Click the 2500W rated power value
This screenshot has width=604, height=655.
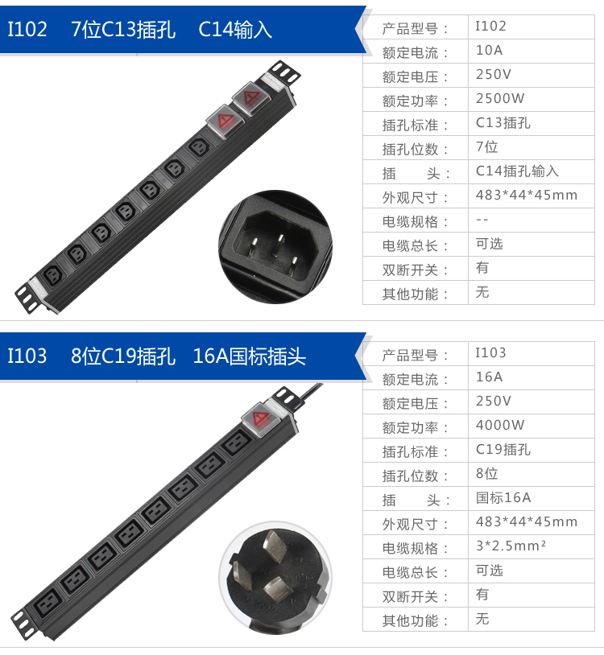(500, 99)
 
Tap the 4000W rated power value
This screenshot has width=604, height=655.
(500, 425)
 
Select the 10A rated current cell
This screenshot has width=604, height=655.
(489, 51)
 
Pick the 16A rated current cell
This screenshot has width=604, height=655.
(489, 377)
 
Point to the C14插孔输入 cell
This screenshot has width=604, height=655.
(517, 171)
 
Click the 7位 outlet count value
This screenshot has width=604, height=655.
(487, 147)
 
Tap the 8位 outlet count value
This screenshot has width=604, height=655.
(487, 473)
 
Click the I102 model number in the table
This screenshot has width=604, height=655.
(490, 27)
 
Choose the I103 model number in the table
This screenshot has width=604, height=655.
(490, 352)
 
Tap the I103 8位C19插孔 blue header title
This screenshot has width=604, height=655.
(157, 356)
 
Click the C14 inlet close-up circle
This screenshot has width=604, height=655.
(275, 236)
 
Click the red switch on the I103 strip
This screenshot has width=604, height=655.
(260, 418)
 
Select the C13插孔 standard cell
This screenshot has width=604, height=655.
(503, 123)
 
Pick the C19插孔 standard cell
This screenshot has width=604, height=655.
(503, 449)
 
